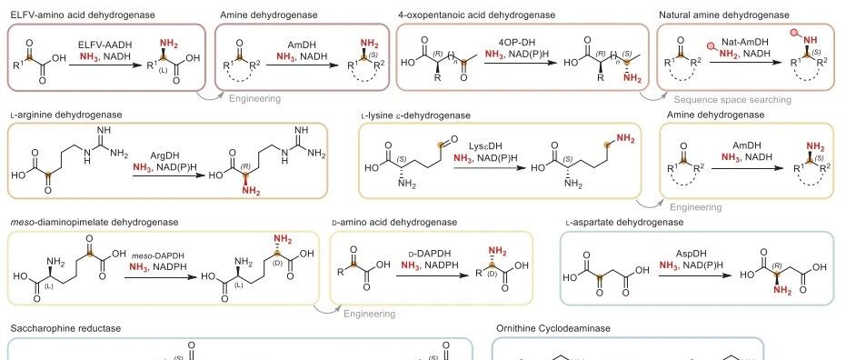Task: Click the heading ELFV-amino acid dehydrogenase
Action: coord(83,15)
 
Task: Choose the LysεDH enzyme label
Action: coord(485,146)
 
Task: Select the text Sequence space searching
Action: coord(732,100)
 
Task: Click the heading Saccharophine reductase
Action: coord(65,328)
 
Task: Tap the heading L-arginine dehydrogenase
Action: coord(66,115)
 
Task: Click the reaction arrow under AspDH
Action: coord(695,275)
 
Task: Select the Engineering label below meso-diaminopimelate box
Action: coord(370,314)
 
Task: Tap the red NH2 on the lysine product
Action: coord(625,138)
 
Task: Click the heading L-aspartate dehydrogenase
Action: coord(625,222)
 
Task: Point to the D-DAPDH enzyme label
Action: coord(430,254)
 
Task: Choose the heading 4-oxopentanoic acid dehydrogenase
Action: coord(477,15)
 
